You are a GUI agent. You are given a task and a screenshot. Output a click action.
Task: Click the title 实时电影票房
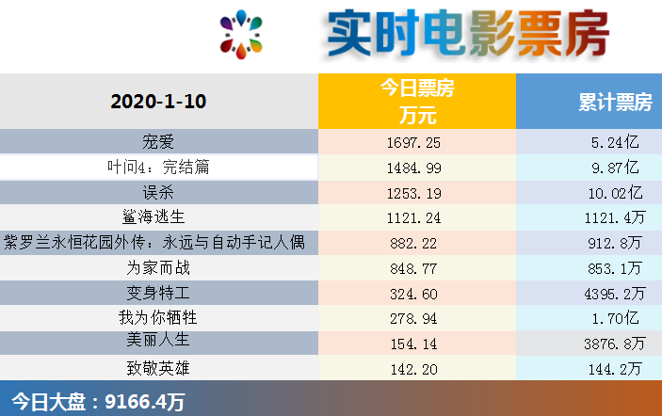(467, 35)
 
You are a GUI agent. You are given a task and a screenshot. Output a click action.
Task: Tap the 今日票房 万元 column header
(416, 102)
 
